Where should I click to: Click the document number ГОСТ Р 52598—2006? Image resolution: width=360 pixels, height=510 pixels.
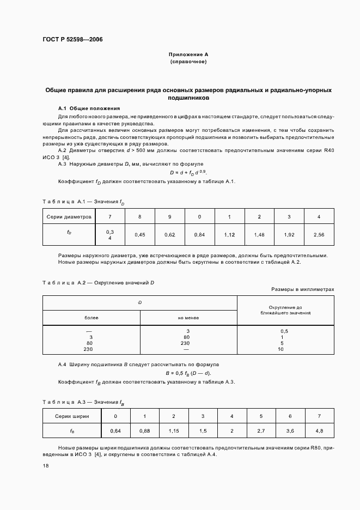(72, 40)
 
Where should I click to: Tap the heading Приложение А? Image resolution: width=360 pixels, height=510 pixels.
(188, 55)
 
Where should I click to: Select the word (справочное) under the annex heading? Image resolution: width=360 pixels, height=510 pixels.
(188, 62)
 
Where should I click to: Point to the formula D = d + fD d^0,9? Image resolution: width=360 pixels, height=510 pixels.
(188, 172)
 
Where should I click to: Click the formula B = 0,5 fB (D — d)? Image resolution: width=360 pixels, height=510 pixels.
(188, 373)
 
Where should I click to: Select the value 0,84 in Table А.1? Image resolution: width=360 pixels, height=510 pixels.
(199, 235)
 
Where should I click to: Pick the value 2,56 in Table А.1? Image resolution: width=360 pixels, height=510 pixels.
(319, 235)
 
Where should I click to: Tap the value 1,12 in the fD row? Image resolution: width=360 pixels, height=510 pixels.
(229, 235)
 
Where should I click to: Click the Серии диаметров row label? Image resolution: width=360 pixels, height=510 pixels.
(69, 217)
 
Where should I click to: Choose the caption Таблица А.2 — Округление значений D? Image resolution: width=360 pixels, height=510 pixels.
(99, 282)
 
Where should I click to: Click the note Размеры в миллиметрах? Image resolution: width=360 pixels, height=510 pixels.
(302, 290)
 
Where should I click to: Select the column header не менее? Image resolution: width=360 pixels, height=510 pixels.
(188, 317)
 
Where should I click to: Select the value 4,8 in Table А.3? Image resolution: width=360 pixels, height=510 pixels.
(319, 431)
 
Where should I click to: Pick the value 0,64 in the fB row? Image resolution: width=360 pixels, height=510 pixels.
(115, 431)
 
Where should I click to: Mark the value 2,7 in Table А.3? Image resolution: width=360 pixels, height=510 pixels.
(261, 431)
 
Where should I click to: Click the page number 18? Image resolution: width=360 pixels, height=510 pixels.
(45, 466)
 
